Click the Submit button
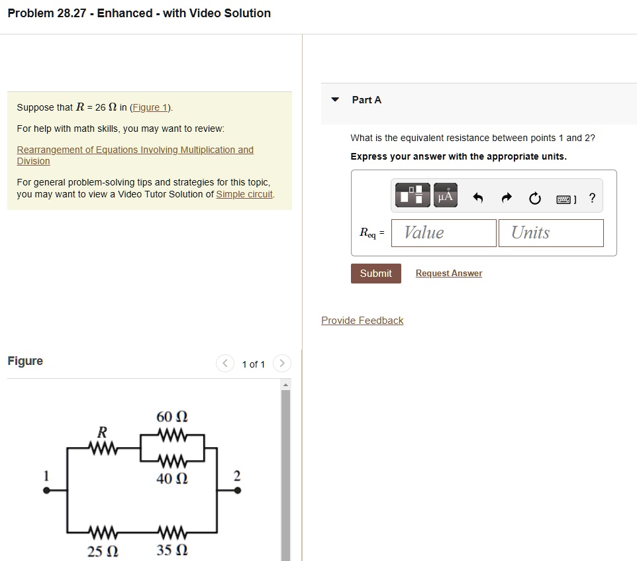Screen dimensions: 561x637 (375, 274)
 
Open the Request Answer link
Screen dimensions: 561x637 (448, 274)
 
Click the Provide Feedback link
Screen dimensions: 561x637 (362, 321)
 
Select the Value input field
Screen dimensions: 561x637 (443, 232)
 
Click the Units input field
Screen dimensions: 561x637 (551, 232)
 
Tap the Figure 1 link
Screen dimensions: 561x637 (151, 107)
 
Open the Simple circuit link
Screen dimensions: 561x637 (244, 194)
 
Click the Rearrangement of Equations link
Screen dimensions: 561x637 (134, 150)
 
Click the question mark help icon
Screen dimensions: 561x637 (592, 197)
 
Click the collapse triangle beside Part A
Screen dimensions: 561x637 (335, 100)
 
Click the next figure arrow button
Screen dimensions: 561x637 (281, 364)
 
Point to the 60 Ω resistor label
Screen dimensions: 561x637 (171, 417)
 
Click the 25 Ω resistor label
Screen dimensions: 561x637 (103, 550)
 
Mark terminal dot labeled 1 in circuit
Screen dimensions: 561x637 (46, 491)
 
